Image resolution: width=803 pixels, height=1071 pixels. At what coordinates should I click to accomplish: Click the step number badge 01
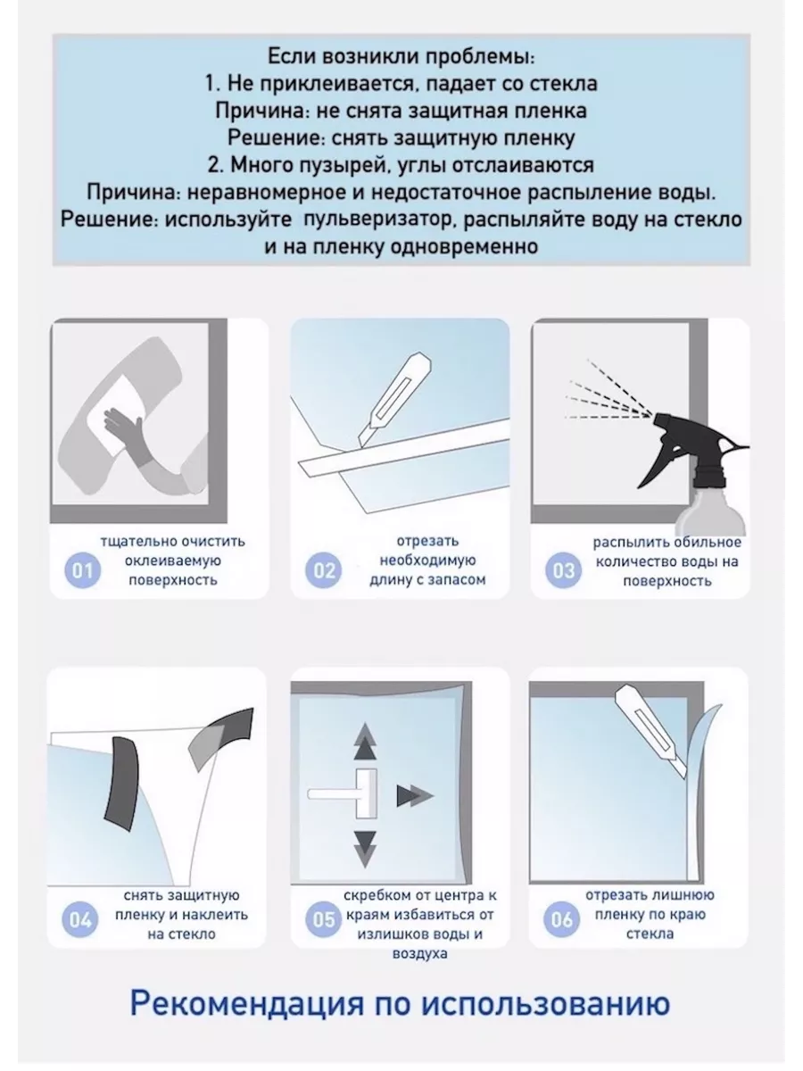[x=82, y=570]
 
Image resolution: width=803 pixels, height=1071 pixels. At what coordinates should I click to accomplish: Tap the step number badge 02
[x=323, y=570]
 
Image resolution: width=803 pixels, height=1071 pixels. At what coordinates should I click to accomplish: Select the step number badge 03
[x=564, y=570]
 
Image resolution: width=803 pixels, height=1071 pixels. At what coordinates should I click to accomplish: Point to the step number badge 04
[x=80, y=919]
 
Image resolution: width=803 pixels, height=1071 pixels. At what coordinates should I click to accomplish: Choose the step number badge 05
[x=323, y=919]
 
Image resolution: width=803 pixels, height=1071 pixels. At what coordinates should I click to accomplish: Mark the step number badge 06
[x=561, y=919]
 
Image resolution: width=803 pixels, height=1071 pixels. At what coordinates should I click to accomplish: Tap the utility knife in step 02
[x=395, y=398]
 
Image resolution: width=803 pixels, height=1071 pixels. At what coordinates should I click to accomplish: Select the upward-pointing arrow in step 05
[x=365, y=741]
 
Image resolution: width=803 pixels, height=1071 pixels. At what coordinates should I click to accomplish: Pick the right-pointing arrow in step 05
[x=415, y=796]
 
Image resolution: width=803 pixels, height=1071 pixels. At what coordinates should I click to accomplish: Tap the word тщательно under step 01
[x=138, y=542]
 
